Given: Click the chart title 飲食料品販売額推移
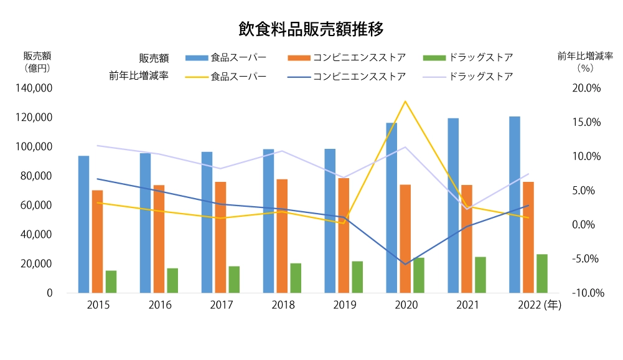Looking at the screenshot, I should [311, 29].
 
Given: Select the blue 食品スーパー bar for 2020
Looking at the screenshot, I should [391, 207].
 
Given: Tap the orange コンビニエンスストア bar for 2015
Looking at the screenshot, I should [97, 241].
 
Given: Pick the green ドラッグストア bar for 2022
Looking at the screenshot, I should [542, 273].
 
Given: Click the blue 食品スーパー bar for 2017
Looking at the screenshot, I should [207, 222].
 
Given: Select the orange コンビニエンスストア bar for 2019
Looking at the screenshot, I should [344, 235].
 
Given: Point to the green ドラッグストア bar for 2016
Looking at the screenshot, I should [172, 280].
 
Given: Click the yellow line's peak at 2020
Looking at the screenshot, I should [405, 101].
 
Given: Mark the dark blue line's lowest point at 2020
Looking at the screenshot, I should [405, 264].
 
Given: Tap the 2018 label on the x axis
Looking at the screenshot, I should [283, 305].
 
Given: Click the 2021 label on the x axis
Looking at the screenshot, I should [467, 305].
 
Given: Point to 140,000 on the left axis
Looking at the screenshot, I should [37, 88].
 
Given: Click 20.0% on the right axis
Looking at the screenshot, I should [587, 88].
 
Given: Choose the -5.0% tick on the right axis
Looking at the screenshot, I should [587, 258].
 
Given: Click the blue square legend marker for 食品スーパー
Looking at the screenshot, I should [196, 58].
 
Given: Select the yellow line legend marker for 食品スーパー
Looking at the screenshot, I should [196, 77].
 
